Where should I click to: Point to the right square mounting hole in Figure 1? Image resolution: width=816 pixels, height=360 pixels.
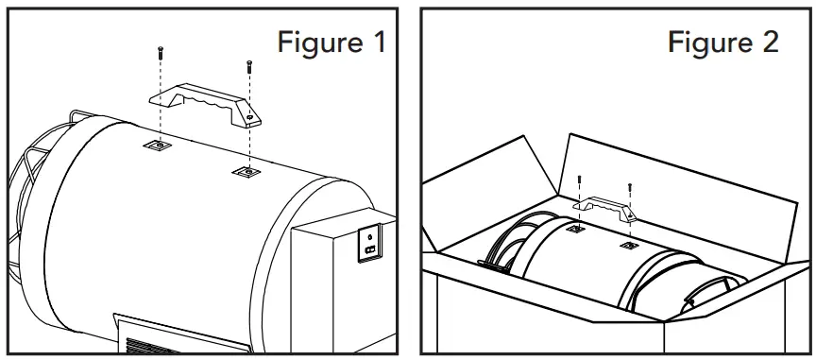245,173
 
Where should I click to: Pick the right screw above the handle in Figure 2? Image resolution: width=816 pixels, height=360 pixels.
628,188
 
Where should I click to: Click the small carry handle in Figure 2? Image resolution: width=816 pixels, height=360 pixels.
603,205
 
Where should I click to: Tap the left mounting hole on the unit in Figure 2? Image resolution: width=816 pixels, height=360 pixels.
575,230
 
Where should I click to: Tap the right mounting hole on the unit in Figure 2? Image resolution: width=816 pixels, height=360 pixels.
628,246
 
